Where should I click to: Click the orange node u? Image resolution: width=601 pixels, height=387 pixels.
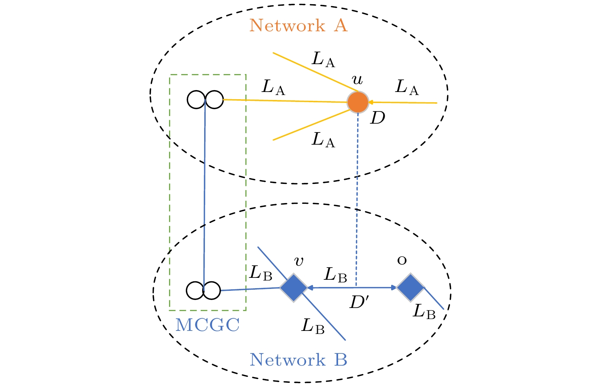click(x=358, y=102)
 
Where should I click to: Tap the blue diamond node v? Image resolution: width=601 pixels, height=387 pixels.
click(x=293, y=288)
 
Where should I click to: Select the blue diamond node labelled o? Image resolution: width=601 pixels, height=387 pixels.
click(x=410, y=287)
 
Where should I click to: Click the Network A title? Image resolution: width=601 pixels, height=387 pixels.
click(x=298, y=26)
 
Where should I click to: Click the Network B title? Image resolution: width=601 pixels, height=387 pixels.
click(x=298, y=360)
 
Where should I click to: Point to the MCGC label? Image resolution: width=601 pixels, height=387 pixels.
click(x=208, y=325)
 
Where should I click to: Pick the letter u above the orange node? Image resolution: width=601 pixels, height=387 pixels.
click(x=357, y=80)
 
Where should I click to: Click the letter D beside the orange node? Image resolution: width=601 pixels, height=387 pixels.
click(x=378, y=118)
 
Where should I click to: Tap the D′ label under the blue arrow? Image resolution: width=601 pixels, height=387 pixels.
click(x=359, y=303)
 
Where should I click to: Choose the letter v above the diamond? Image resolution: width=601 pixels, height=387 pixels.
click(x=299, y=262)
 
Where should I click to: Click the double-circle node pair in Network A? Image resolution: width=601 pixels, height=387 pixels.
click(x=205, y=100)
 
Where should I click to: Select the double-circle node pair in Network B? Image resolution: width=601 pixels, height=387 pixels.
click(x=203, y=290)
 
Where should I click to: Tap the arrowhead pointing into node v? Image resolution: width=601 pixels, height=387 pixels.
click(x=310, y=288)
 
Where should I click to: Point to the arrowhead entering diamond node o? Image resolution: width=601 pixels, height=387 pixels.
click(x=394, y=287)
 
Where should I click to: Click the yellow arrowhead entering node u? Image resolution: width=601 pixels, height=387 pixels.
click(x=371, y=102)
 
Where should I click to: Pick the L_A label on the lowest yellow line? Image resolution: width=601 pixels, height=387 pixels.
click(x=323, y=140)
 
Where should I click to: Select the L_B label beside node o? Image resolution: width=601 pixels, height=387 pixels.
click(x=424, y=312)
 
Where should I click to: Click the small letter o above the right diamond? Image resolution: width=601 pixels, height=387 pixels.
click(x=402, y=261)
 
